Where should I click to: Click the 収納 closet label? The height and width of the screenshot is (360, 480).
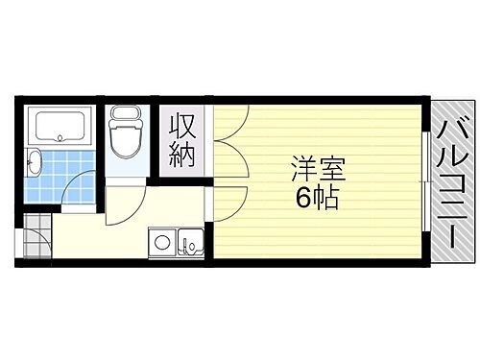point(182,138)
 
